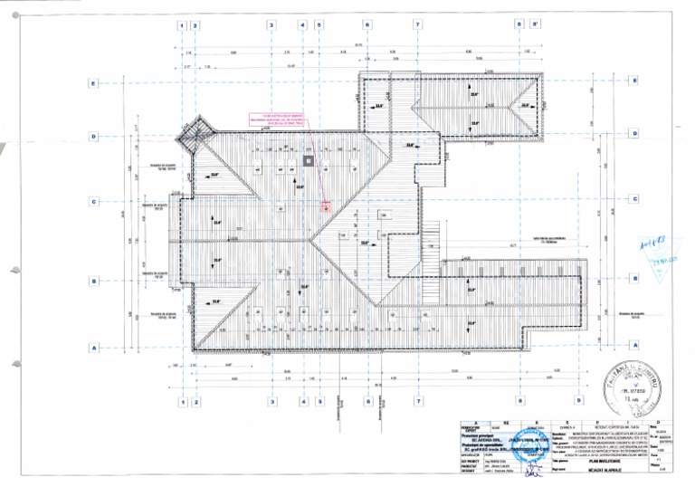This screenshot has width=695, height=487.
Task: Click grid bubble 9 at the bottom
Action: pos(578,400)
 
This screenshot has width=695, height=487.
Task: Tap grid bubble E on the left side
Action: pos(92,83)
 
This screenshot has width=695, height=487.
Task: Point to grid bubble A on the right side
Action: pos(636,345)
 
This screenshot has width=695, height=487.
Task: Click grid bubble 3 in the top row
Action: pos(271,25)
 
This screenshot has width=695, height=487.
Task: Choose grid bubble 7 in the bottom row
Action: pos(418,400)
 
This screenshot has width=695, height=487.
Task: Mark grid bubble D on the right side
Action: pos(636,134)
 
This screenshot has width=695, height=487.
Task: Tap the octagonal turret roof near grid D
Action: pos(192,138)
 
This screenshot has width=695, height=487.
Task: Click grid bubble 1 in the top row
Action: pos(183,25)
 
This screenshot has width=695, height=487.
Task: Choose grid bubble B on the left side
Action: pos(92,282)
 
